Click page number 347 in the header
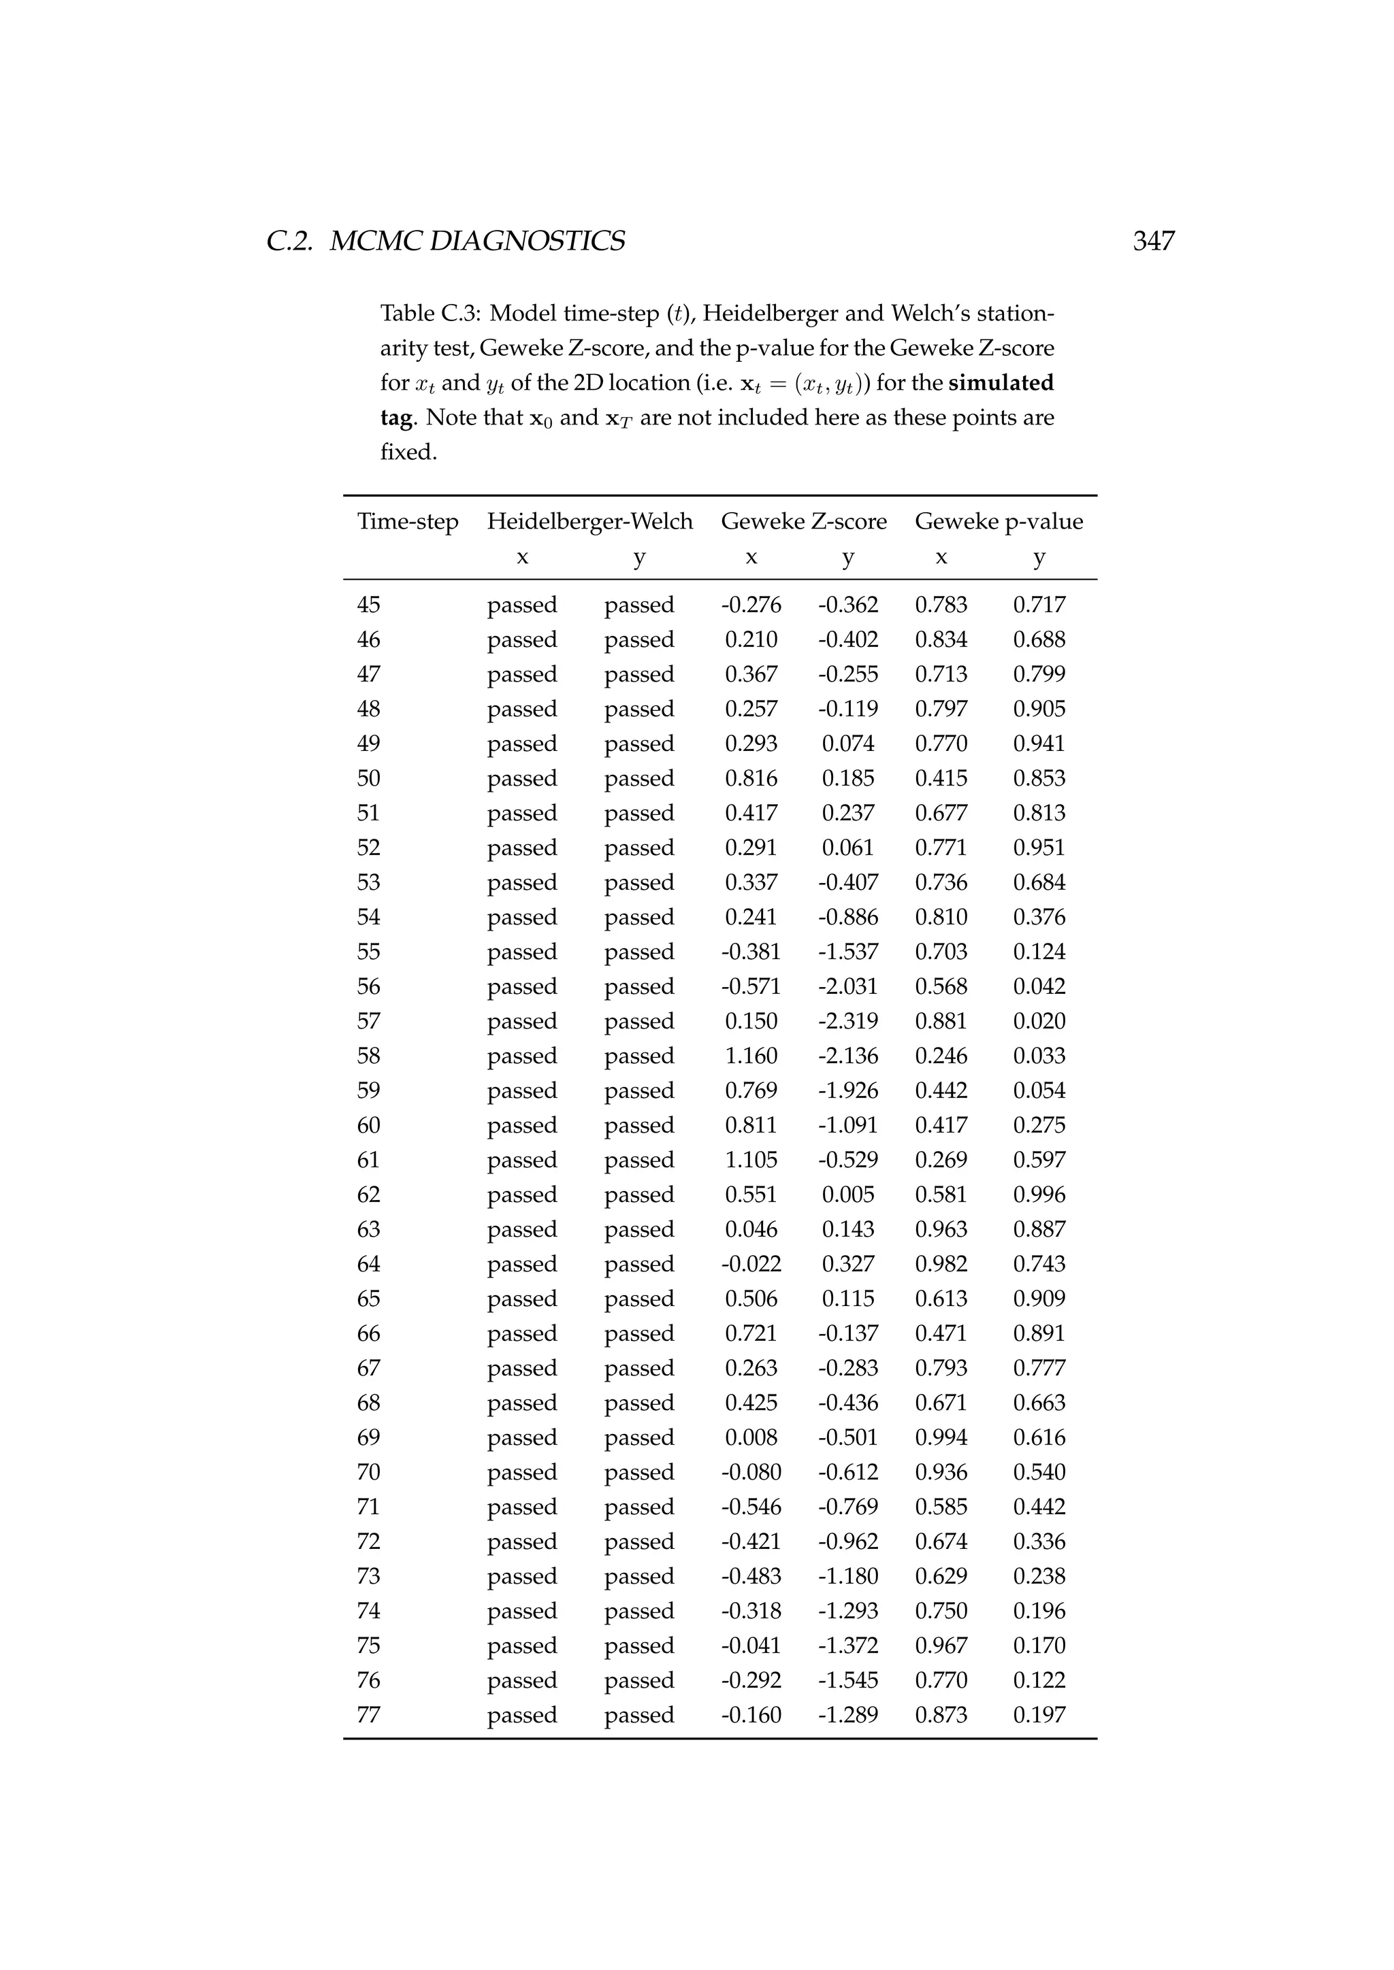1153,241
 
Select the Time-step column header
408,522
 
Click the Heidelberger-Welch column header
589,522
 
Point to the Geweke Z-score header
803,522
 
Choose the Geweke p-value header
999,522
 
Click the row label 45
368,605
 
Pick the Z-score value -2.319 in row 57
847,1021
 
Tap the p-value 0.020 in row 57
1039,1021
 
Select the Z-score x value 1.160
751,1056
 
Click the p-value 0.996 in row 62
1039,1195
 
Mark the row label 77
368,1715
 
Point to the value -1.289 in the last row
847,1715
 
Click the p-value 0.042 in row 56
1039,987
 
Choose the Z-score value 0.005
847,1195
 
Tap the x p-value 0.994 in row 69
941,1438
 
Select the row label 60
368,1126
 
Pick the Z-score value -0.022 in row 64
751,1265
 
